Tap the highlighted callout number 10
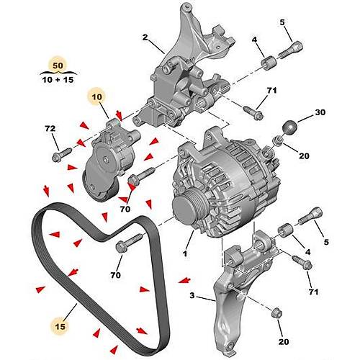coord(96,95)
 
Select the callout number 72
coord(50,129)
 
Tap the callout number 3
coord(192,295)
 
